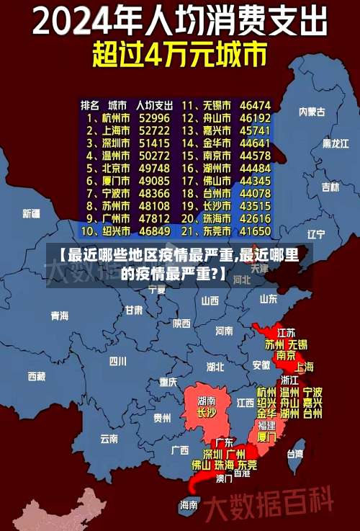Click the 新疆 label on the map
point(32,214)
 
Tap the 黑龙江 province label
point(336,144)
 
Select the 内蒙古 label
point(312,112)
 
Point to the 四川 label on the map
point(118,361)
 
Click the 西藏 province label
point(37,376)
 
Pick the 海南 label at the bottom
point(189,505)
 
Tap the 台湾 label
point(295,454)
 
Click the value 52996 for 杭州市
point(154,117)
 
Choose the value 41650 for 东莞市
point(255,232)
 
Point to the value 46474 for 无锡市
point(255,105)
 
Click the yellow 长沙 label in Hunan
point(206,414)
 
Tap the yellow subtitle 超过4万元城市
point(179,55)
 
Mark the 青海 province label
point(59,316)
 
